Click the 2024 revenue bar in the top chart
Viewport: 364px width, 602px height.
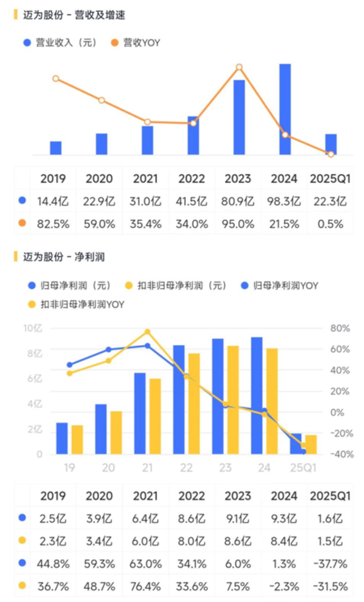point(285,109)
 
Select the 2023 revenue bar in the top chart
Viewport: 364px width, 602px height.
point(239,117)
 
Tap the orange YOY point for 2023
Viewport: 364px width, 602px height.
point(240,67)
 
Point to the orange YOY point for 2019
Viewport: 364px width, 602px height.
point(56,79)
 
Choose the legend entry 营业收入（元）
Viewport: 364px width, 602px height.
point(61,42)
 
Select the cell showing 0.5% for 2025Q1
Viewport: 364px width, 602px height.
point(331,224)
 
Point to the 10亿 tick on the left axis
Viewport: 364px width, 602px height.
point(32,328)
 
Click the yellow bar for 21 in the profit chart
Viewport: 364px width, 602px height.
point(155,417)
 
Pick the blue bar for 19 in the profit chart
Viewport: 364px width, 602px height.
point(62,438)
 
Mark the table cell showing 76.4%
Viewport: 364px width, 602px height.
point(147,585)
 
